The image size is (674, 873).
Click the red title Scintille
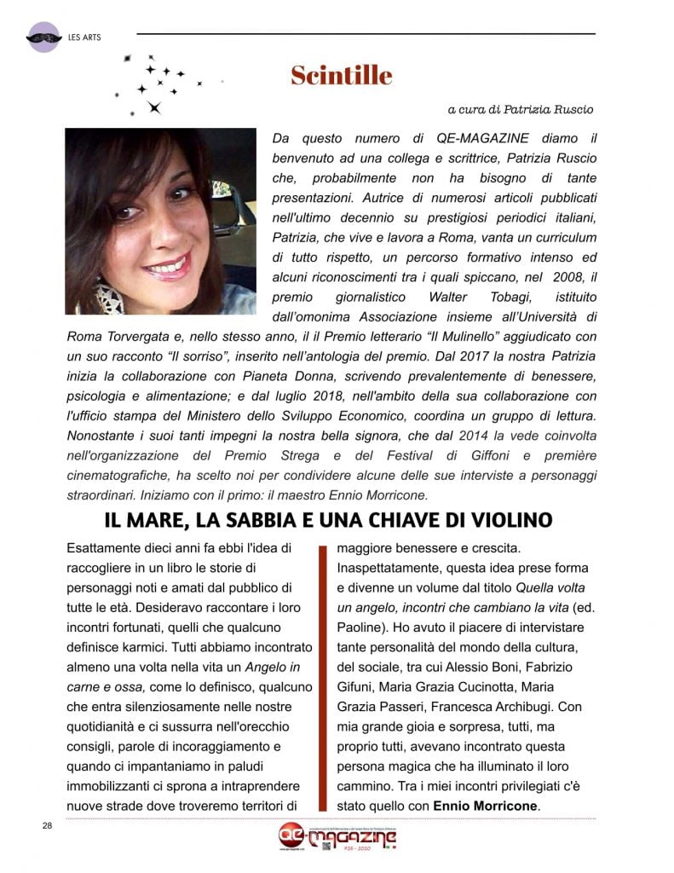click(341, 76)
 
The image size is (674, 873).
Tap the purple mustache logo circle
click(44, 38)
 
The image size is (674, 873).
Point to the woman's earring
click(109, 297)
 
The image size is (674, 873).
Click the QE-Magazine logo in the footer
click(337, 839)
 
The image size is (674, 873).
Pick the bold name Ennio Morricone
click(486, 806)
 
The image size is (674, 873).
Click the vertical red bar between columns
click(323, 678)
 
